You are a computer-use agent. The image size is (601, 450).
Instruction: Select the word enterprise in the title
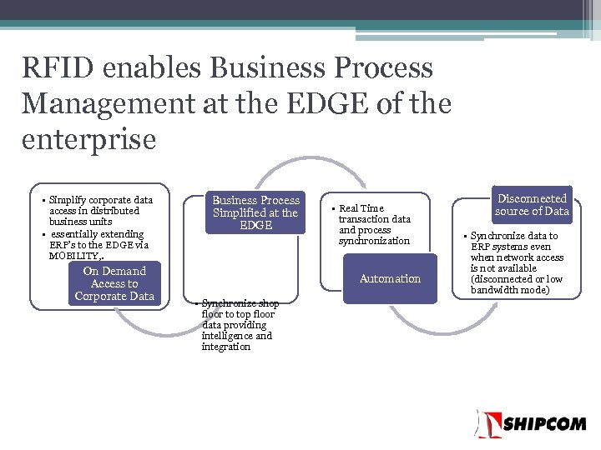(x=88, y=139)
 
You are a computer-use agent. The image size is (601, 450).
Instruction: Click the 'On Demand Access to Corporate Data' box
(x=114, y=283)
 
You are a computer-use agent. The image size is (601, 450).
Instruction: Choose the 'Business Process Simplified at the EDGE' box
(x=255, y=212)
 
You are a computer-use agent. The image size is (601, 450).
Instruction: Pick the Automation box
(x=390, y=279)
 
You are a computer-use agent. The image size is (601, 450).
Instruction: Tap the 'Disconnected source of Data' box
(x=531, y=205)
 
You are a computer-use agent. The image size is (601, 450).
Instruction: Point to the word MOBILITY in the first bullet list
(x=74, y=256)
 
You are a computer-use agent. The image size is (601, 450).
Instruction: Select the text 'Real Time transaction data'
(x=374, y=213)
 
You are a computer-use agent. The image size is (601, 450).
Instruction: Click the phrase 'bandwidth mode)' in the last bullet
(x=510, y=290)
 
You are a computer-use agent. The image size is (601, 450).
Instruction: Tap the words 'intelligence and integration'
(x=237, y=341)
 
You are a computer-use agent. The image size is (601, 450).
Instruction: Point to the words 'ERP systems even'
(x=511, y=247)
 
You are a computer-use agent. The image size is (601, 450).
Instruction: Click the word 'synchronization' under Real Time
(x=374, y=241)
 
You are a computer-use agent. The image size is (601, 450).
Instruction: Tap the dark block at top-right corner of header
(x=588, y=11)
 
